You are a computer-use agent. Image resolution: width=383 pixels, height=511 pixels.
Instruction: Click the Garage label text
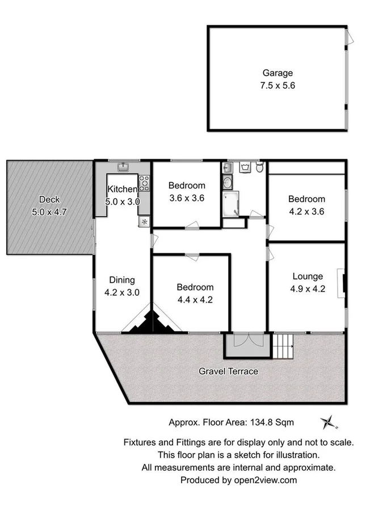click(x=277, y=73)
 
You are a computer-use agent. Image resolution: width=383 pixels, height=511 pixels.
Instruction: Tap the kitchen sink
click(x=123, y=167)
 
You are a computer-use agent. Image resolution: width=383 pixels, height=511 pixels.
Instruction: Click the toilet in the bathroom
click(x=259, y=167)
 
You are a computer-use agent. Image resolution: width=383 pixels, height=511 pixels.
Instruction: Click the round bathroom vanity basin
click(x=227, y=182)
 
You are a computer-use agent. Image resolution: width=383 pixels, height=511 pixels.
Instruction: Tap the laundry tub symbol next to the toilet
click(x=246, y=167)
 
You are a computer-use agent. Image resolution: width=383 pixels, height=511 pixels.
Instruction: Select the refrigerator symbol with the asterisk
click(x=144, y=221)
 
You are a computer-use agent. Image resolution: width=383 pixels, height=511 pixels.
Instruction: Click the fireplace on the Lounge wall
click(x=342, y=282)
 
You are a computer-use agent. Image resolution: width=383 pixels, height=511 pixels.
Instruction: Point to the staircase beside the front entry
click(x=283, y=345)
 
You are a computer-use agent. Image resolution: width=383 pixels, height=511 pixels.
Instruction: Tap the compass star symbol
click(x=328, y=422)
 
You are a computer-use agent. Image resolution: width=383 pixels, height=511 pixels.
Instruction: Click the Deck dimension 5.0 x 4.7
click(x=49, y=212)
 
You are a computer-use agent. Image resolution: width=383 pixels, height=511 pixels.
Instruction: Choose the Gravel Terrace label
click(x=228, y=371)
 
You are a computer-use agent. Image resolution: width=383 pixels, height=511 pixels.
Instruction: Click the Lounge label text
click(x=308, y=277)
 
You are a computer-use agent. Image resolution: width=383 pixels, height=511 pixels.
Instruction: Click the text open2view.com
click(x=263, y=480)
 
